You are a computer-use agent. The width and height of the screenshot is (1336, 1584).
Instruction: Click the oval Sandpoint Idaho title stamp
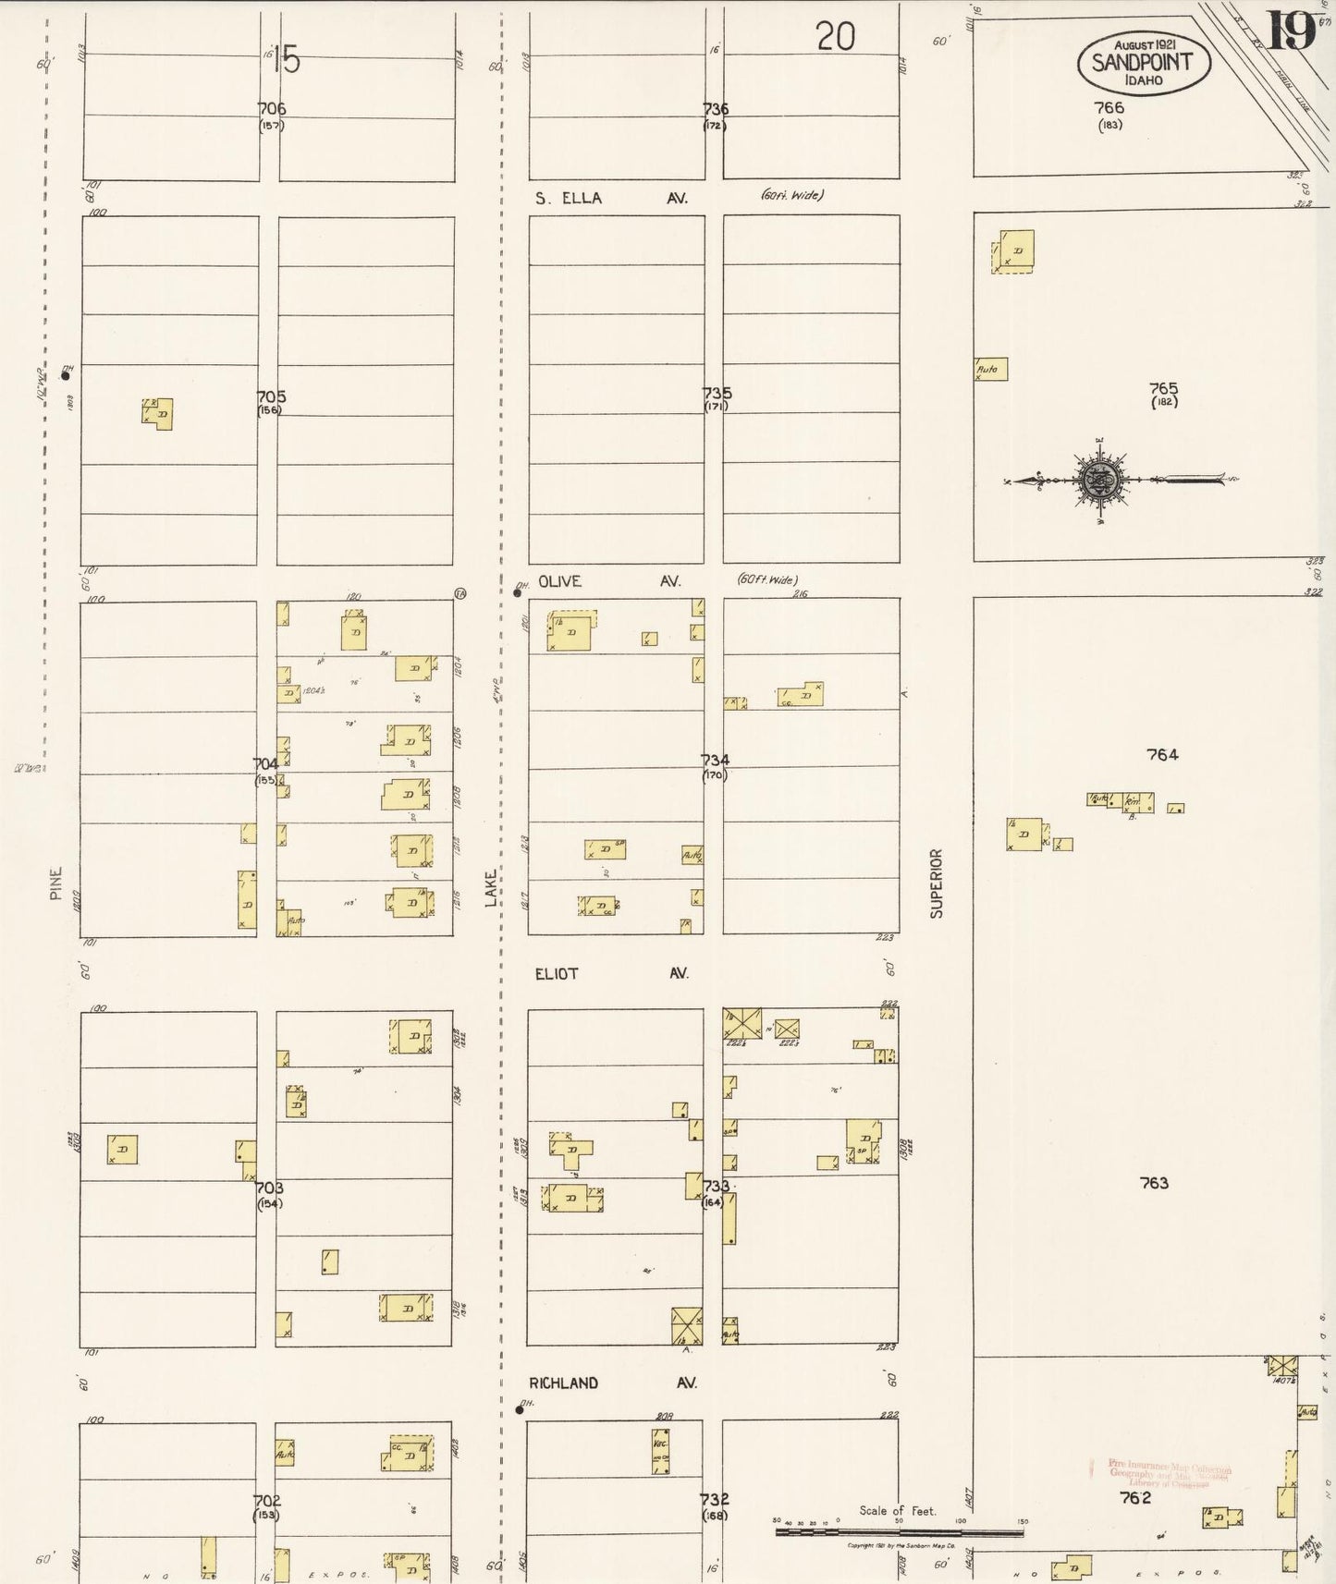tap(1144, 63)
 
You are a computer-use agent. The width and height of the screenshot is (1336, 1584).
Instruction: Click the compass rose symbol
tap(1100, 480)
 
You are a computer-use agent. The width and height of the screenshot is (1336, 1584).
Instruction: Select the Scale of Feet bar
tap(899, 1532)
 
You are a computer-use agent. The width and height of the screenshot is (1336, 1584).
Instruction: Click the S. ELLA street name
tap(569, 198)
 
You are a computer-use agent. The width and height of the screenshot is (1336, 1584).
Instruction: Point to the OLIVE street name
tap(559, 581)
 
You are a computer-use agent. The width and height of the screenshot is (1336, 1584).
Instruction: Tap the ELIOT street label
tap(557, 973)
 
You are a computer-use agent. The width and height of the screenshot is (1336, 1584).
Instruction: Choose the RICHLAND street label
tap(563, 1383)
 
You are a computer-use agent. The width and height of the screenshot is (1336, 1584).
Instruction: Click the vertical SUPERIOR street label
tap(937, 883)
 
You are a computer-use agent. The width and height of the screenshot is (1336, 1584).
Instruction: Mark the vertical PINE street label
tap(56, 883)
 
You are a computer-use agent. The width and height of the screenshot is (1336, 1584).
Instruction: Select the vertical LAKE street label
tap(492, 888)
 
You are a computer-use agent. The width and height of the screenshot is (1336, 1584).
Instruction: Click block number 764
tap(1162, 754)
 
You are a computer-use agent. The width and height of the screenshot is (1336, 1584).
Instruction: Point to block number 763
tap(1154, 1182)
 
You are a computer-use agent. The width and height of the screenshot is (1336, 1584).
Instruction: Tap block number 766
tap(1109, 108)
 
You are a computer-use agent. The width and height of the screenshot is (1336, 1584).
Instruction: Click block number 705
tap(271, 397)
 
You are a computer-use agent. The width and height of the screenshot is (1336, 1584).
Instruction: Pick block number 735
tap(717, 393)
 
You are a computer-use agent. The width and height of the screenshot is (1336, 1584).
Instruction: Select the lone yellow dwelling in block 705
tap(158, 414)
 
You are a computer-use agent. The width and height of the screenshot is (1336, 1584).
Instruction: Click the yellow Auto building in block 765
tap(991, 369)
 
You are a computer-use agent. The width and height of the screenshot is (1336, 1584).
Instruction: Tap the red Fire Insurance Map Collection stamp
tap(1169, 1473)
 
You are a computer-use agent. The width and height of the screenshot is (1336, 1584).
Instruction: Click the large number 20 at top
tap(835, 37)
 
